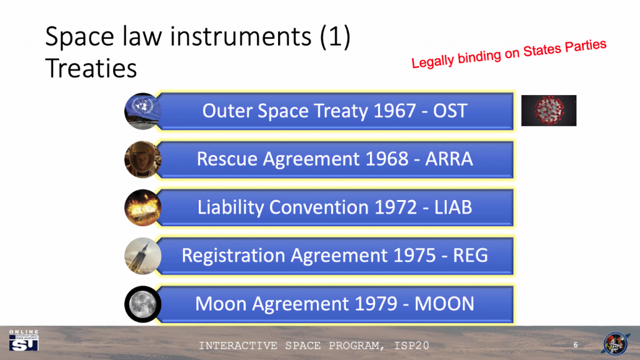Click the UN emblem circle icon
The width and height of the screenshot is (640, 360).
pos(143,111)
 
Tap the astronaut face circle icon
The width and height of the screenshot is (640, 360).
pos(143,159)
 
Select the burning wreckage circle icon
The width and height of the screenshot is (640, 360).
pos(143,207)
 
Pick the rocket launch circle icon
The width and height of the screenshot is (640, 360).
pos(143,256)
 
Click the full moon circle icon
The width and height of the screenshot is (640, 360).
pos(143,304)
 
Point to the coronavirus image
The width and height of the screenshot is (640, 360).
pos(549,111)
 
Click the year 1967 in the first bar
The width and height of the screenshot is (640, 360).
pos(395,111)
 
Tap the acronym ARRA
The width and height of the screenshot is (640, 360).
pos(449,159)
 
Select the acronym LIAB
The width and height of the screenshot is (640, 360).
pos(453,207)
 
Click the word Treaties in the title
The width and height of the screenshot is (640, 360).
pos(91,68)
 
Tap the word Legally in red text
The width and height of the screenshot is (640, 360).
pos(432,61)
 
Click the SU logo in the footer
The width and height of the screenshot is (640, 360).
pos(24,341)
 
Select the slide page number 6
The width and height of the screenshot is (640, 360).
pos(576,345)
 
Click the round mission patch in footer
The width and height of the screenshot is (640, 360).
pos(616,343)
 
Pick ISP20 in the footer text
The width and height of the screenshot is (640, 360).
pos(411,346)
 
